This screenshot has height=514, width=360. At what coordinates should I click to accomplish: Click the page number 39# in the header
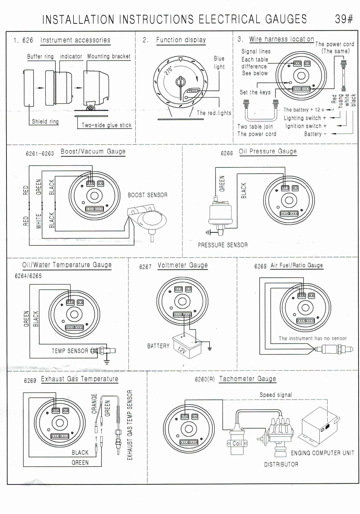click(344, 19)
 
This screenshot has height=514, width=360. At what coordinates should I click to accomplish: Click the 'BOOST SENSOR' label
click(148, 195)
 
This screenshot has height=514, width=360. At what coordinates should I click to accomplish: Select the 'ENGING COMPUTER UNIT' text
click(322, 453)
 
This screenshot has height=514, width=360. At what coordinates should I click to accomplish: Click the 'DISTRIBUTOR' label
click(281, 465)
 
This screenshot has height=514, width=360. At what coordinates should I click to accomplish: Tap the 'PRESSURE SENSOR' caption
click(222, 245)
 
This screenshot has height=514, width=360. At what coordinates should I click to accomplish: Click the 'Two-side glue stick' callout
click(106, 125)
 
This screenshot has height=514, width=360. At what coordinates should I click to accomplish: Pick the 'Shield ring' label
click(45, 122)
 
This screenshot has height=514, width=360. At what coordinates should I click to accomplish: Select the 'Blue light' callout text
click(219, 63)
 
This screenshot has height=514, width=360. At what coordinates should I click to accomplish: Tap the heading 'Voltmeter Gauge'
click(183, 265)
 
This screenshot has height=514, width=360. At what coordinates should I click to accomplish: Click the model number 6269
click(30, 381)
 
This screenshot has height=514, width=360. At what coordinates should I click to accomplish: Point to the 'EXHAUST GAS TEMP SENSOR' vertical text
click(130, 425)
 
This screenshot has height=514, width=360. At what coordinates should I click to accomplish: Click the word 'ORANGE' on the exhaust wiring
click(94, 403)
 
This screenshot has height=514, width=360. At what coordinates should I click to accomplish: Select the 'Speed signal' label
click(276, 395)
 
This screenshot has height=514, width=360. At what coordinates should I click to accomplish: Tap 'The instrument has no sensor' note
click(312, 339)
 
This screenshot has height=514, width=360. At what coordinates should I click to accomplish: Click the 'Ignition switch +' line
click(306, 126)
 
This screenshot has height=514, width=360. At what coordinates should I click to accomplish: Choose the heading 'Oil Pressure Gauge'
click(268, 152)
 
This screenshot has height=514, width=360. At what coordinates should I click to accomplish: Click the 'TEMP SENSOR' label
click(70, 351)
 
